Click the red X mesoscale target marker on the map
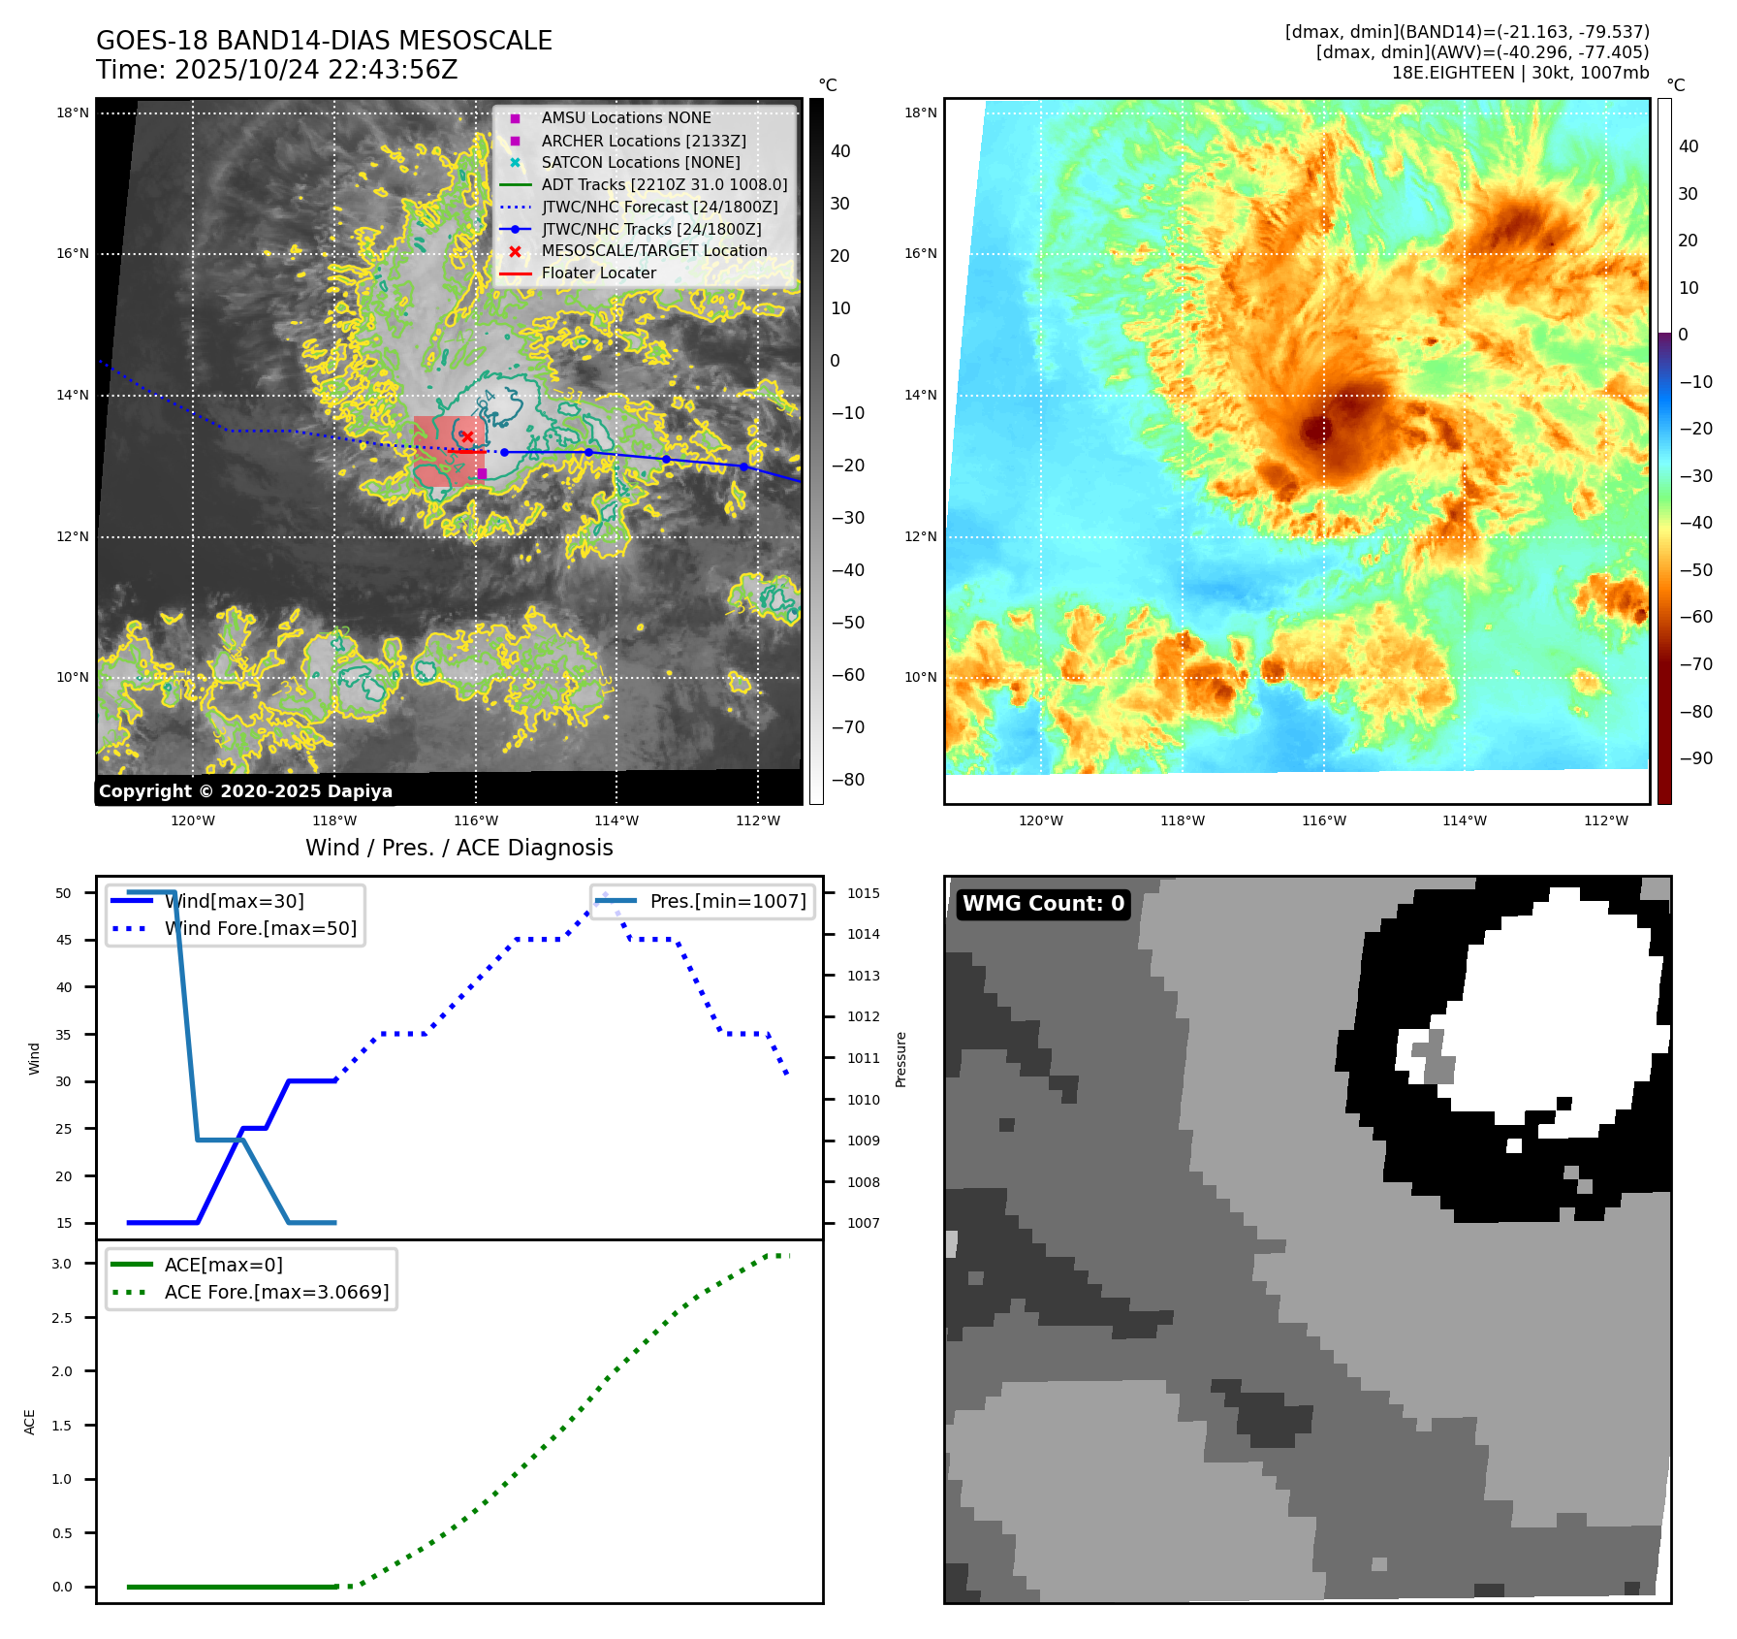[467, 437]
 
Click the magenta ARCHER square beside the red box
[482, 473]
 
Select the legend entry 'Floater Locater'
[598, 273]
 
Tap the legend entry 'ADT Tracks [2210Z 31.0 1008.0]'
[664, 184]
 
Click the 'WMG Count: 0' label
[1043, 904]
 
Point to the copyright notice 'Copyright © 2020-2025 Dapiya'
[245, 791]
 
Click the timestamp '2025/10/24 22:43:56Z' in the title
[316, 71]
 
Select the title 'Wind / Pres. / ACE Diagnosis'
[459, 849]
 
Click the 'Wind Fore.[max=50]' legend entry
[260, 929]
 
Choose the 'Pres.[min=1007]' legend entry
[727, 902]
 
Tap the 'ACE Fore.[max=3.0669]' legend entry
[276, 1293]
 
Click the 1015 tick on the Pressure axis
[863, 894]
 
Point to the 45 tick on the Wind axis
[63, 941]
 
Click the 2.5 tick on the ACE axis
[62, 1318]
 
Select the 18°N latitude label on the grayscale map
[73, 113]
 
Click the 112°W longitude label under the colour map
[1606, 821]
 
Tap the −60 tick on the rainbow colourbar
[1695, 618]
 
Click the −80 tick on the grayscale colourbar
[847, 780]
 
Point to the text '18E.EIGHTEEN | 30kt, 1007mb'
[1520, 74]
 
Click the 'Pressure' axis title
[901, 1059]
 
